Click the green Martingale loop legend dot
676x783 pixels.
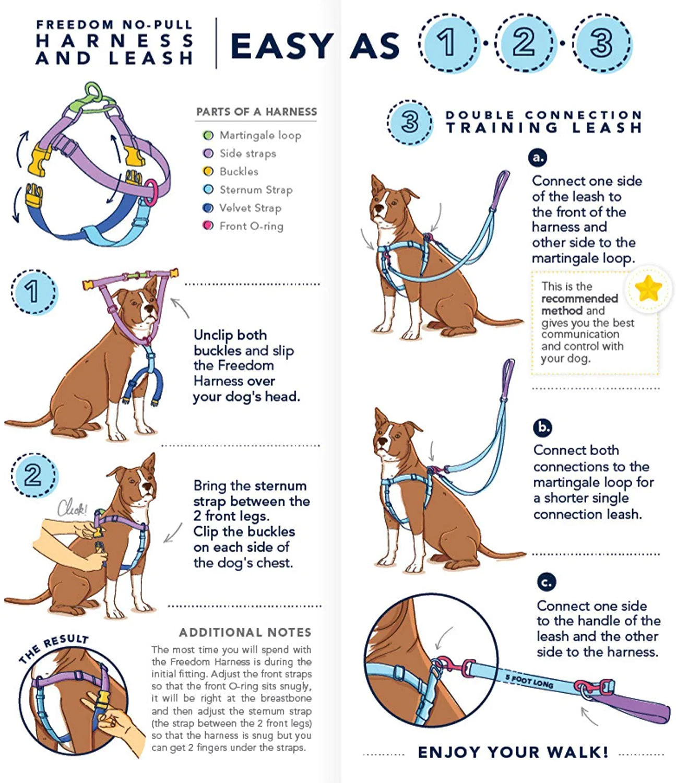208,136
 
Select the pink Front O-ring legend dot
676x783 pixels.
208,226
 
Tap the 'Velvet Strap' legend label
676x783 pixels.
250,208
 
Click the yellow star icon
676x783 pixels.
648,288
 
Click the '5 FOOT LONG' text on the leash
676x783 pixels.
529,681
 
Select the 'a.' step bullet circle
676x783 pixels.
537,157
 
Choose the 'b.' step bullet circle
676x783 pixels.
543,427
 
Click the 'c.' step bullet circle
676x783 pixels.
546,582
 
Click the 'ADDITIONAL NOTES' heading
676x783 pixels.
245,632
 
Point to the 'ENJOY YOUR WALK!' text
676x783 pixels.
513,752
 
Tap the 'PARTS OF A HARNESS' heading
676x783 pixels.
256,112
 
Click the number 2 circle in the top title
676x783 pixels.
524,42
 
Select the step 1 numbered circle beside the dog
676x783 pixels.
33,291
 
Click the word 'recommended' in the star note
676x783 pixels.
579,299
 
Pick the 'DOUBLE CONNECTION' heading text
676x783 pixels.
543,115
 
